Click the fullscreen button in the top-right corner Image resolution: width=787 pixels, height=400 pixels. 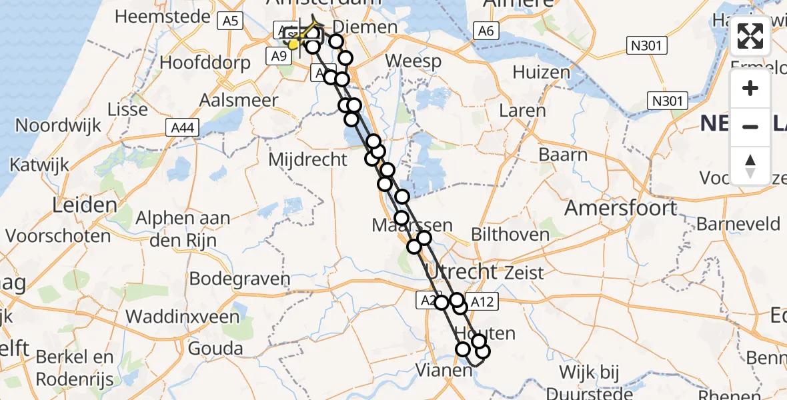point(750,37)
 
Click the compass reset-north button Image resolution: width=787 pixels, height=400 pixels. point(750,166)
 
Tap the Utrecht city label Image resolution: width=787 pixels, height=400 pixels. point(461,271)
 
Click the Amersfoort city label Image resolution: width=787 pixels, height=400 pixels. point(620,208)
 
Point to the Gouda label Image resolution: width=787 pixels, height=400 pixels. point(215,348)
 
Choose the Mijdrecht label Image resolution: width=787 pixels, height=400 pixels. point(307,159)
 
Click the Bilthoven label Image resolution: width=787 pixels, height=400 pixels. point(510,234)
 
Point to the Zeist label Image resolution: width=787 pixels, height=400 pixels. point(524,272)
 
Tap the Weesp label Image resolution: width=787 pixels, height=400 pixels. point(414,62)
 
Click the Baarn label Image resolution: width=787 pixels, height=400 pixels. point(564,155)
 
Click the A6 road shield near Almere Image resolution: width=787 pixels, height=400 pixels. point(485,30)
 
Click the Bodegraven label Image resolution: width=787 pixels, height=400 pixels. point(240,279)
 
